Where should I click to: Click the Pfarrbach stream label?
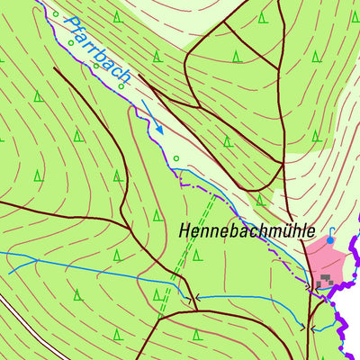point(99,49)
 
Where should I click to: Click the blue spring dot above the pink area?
point(330,240)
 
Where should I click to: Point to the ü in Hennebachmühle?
point(279,230)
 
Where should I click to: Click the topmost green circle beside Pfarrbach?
point(56,14)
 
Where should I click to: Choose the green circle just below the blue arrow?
point(176,159)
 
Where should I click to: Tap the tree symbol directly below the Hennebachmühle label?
point(196,255)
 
